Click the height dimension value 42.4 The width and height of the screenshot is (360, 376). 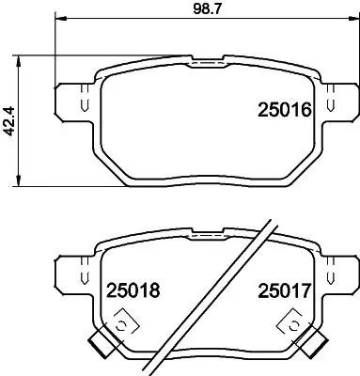point(10,119)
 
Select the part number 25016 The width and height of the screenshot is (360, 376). point(284,111)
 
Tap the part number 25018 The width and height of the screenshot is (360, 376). point(130,292)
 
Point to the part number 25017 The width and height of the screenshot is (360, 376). point(284,292)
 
